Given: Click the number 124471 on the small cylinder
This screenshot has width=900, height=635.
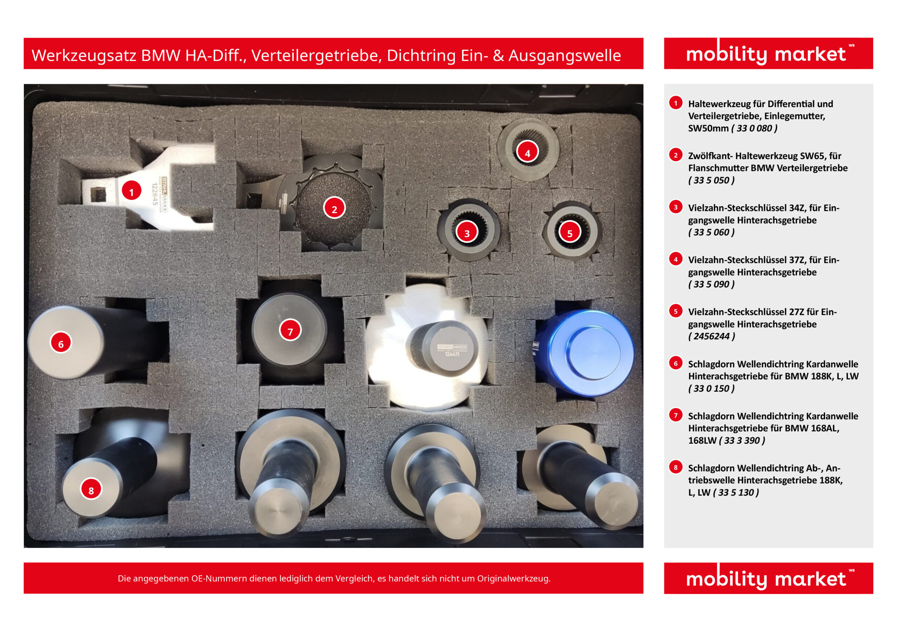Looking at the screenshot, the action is tap(452, 354).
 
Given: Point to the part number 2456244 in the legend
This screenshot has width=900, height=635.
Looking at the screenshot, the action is tap(712, 336).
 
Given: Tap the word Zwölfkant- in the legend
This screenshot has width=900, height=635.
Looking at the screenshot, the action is tap(710, 156).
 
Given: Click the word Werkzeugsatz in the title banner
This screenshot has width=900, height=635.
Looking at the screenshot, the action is tap(83, 55).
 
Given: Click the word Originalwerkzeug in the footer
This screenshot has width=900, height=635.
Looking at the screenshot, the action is tap(513, 578).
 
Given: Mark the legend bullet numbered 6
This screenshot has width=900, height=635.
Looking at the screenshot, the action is tap(675, 363).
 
